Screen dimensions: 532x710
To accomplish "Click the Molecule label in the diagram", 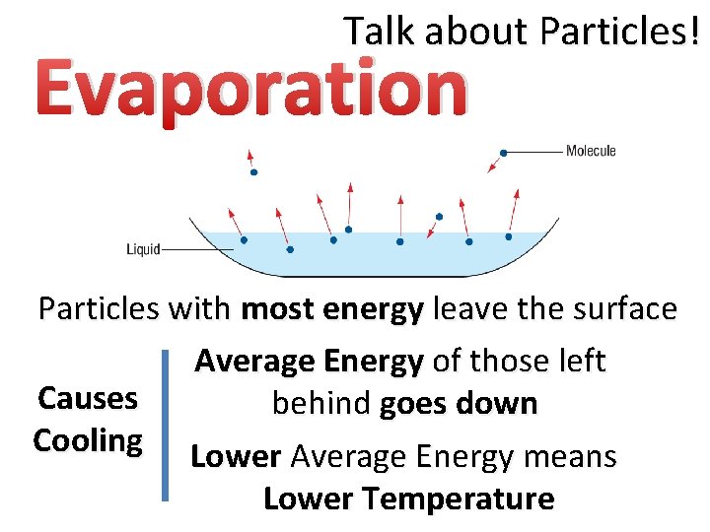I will point(591,151).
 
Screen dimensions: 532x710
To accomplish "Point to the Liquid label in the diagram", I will point(142,249).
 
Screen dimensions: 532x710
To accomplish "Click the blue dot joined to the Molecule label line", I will point(504,153).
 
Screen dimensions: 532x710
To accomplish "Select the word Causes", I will point(87,399).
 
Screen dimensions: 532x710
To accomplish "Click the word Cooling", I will point(87,440).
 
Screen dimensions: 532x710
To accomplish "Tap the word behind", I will point(321,404).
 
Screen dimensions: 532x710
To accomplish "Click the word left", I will point(585,362).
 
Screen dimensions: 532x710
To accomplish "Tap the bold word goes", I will point(413,404).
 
